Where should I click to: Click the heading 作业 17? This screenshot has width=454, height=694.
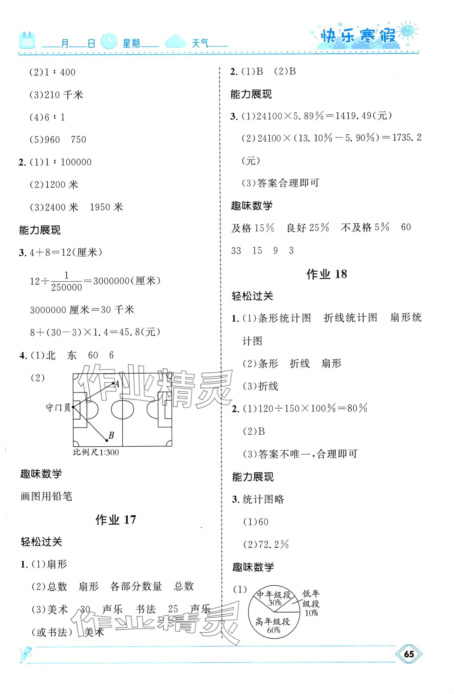point(116,519)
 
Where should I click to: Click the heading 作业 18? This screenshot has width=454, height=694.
point(327,274)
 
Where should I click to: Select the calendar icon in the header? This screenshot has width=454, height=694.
point(27,41)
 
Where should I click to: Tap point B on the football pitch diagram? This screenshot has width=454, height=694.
point(107,440)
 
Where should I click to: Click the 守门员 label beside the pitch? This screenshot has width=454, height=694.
point(58,407)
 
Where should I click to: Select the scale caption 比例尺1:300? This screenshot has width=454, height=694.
point(96,452)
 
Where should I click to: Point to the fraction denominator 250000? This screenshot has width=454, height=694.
point(67,288)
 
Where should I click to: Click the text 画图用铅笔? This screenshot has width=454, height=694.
point(46,497)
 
